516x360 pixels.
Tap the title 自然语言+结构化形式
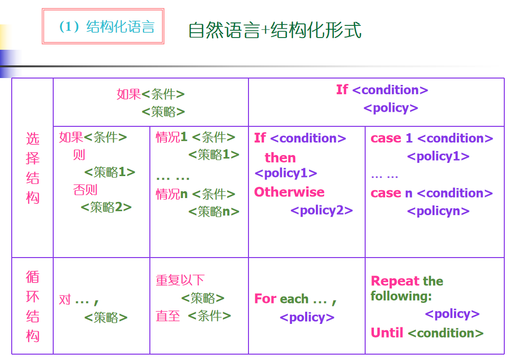point(275,30)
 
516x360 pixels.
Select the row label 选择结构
point(33,168)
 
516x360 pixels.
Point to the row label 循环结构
point(33,306)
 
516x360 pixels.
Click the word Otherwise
point(289,192)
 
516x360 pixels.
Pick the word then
point(280,158)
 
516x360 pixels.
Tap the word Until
point(387,332)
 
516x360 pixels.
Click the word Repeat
point(395,281)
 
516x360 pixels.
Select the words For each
point(281,299)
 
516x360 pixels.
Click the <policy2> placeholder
point(322,210)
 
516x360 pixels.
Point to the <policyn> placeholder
point(438,211)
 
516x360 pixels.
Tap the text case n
point(392,193)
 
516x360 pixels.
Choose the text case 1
point(392,138)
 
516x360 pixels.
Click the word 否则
point(85,190)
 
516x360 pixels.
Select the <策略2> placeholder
point(106,207)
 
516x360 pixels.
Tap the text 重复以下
point(180,280)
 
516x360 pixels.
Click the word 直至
point(168,316)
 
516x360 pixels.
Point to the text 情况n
point(171,194)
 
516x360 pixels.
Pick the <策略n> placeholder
point(213,211)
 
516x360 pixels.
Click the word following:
point(401,296)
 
